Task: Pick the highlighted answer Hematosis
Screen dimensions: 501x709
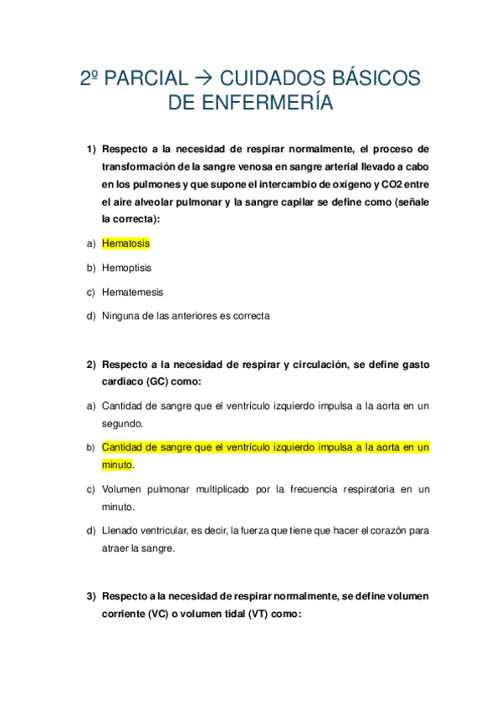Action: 125,243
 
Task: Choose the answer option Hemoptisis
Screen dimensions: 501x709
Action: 126,268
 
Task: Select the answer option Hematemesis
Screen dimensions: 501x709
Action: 132,292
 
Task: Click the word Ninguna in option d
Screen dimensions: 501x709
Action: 120,316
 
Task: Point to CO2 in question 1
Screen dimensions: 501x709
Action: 392,184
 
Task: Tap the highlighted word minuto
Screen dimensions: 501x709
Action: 117,465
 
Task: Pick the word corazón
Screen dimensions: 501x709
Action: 383,531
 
